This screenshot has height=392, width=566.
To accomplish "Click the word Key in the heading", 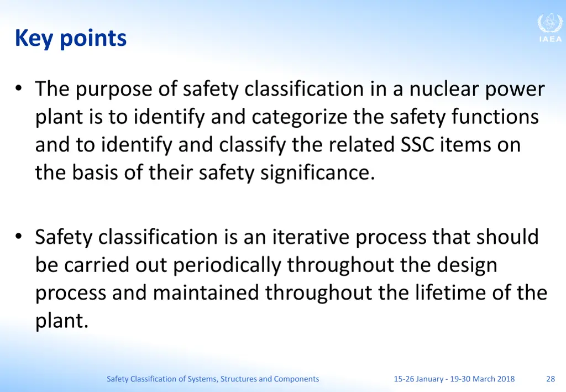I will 35,38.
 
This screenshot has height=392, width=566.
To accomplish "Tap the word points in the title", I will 93,39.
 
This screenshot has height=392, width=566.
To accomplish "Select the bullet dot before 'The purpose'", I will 19,88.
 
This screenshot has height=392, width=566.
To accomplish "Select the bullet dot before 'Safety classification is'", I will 19,237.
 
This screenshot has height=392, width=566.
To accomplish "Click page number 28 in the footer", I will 551,379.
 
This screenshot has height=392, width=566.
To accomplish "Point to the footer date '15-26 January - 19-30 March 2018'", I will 454,379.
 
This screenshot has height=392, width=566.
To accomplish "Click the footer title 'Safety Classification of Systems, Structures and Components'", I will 213,379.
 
